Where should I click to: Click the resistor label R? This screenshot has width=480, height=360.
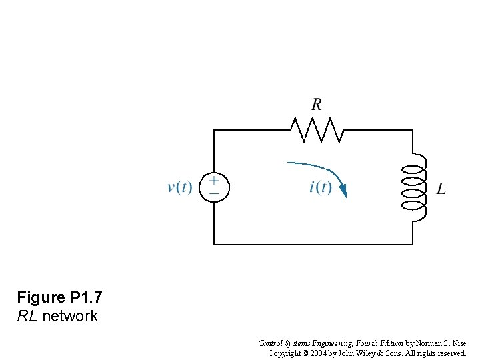[x=317, y=105]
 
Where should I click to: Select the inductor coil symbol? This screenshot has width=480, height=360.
[x=414, y=188]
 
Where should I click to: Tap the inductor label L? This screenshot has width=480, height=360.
[x=441, y=189]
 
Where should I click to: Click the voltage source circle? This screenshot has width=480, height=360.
[x=214, y=187]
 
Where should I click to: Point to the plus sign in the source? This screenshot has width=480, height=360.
[x=214, y=180]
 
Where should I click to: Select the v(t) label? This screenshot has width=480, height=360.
[x=179, y=187]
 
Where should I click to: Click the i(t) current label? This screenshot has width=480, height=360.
[x=320, y=187]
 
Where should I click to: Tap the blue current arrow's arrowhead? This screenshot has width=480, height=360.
[x=343, y=191]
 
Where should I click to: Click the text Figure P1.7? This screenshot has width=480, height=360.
[x=59, y=297]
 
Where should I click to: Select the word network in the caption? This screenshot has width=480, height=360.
[x=70, y=316]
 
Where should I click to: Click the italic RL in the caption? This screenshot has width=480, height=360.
[x=27, y=316]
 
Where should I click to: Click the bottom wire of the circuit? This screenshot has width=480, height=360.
[x=313, y=245]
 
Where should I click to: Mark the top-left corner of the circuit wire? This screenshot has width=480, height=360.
[x=214, y=130]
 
